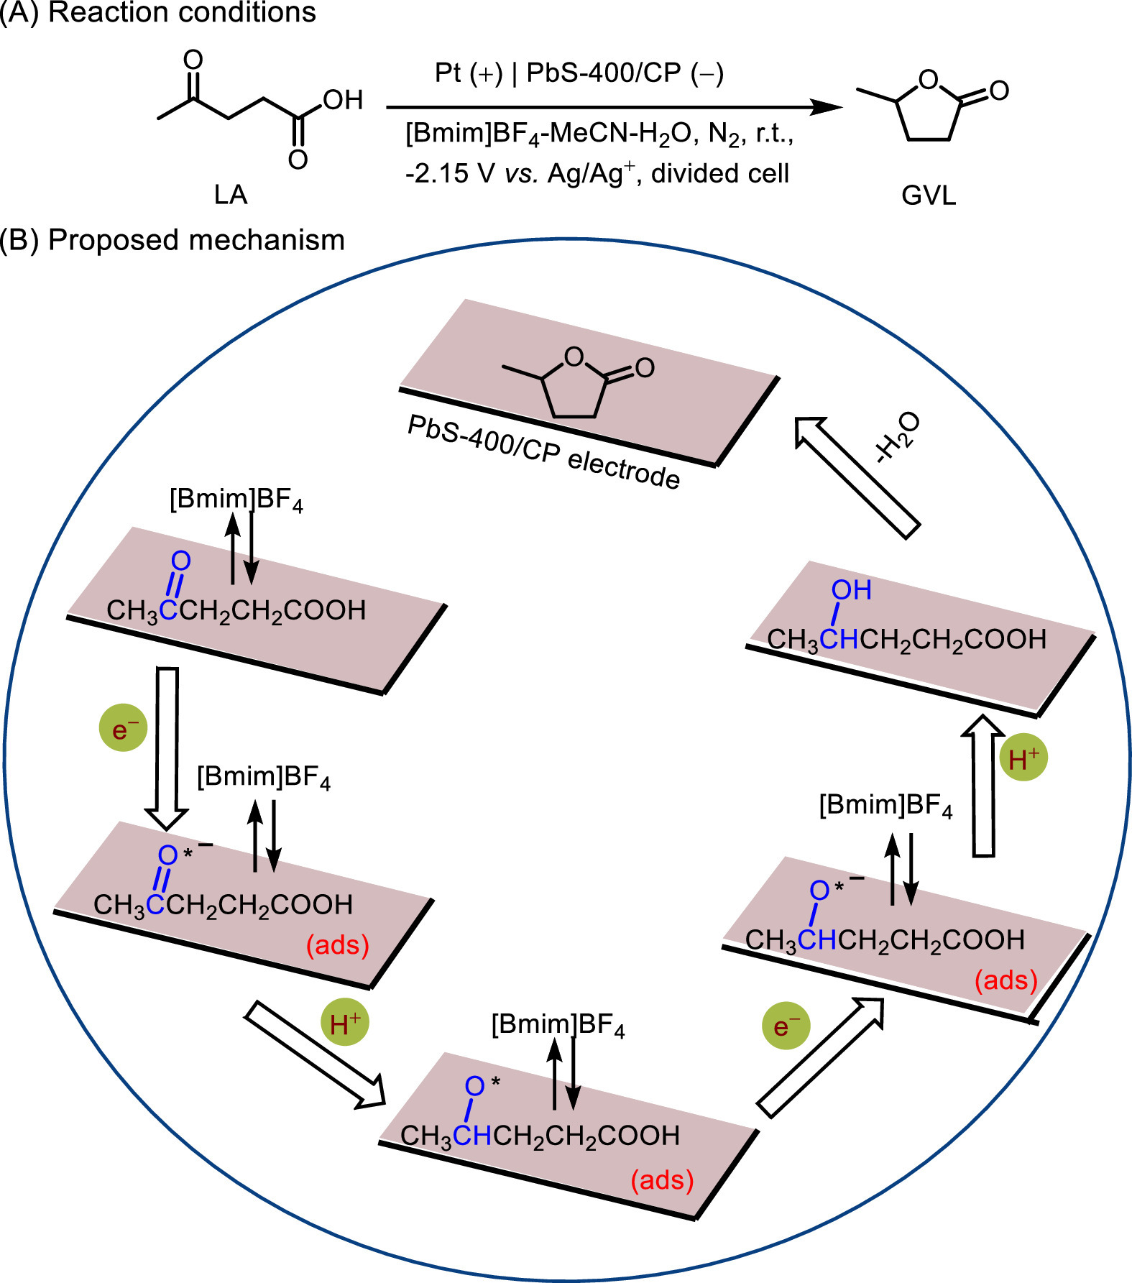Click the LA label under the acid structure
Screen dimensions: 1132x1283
[231, 195]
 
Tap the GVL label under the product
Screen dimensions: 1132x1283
[929, 196]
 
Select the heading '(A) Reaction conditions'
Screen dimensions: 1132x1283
[158, 12]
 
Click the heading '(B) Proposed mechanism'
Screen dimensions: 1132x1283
[172, 240]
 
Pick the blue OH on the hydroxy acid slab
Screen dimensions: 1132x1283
[852, 590]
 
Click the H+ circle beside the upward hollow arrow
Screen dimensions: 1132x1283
[1023, 758]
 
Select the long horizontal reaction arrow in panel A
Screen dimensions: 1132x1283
[615, 108]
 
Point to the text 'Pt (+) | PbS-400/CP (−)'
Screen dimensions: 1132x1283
[579, 73]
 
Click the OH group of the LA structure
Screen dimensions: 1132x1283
[343, 100]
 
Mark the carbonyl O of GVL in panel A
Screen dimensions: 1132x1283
[999, 90]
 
